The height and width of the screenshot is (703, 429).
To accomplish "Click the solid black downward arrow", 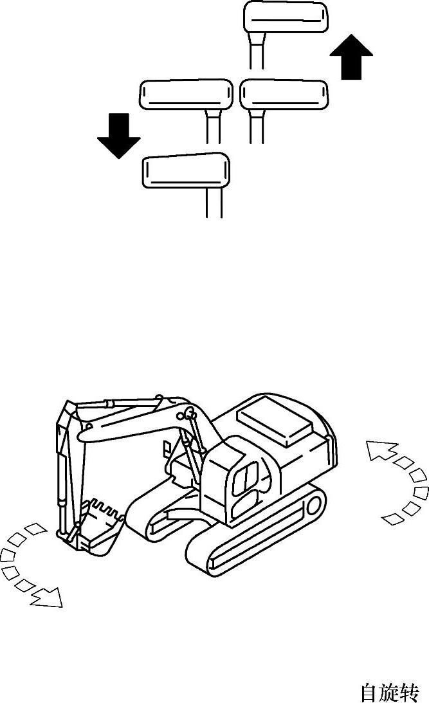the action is tap(119, 136).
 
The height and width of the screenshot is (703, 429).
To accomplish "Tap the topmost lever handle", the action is tap(286, 17).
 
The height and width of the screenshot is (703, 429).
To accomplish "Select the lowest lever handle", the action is tap(186, 170).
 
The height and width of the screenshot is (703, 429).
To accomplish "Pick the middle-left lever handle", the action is tap(186, 94).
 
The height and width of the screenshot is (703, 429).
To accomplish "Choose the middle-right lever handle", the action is tap(285, 94).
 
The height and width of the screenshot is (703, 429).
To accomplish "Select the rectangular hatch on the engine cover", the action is tap(274, 421).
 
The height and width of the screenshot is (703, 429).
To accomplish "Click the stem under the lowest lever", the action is tap(214, 203).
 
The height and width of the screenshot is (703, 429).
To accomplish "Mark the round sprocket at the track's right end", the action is tap(313, 506).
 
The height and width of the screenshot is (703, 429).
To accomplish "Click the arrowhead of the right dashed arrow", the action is tap(378, 450).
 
